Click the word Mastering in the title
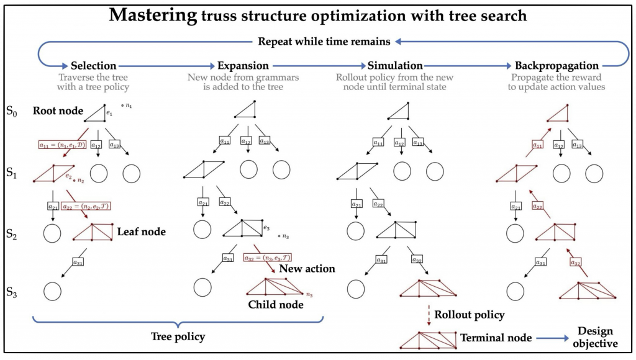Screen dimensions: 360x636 click(152, 15)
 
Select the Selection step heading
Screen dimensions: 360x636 click(94, 65)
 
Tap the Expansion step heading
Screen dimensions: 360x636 click(243, 65)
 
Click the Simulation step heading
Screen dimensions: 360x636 click(395, 65)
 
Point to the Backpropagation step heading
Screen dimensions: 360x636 click(556, 65)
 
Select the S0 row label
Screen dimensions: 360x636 click(12, 112)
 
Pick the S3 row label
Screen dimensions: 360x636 click(12, 290)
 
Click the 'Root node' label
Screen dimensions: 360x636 click(59, 111)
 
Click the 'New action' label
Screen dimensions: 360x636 click(307, 269)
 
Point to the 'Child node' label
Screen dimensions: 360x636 click(276, 304)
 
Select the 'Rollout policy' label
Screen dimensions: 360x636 click(470, 315)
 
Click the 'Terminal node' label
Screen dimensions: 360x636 click(496, 338)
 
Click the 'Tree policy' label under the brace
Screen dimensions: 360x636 click(178, 336)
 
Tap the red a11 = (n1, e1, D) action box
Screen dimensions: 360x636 click(60, 144)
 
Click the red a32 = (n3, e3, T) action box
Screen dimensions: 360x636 click(268, 257)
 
